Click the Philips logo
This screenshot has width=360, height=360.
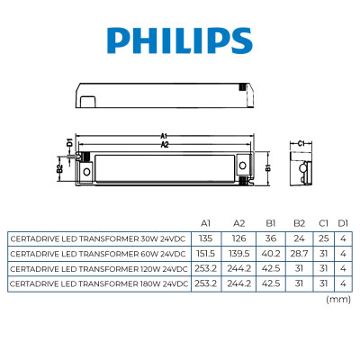[179, 40]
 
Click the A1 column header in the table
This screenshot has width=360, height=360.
[205, 222]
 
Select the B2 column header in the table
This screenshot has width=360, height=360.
[300, 222]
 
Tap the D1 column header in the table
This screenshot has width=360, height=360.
[342, 222]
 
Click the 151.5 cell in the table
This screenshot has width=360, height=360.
[205, 254]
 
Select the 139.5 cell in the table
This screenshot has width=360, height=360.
[238, 254]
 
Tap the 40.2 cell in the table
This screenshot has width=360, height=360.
[271, 254]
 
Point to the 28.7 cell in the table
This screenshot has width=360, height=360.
[300, 254]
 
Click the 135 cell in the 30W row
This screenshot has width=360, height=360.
[205, 238]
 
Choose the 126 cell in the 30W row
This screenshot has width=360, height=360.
[238, 238]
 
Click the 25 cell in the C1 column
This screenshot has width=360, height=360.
[323, 238]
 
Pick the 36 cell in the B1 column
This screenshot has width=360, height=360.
[271, 238]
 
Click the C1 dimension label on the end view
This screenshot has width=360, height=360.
[302, 142]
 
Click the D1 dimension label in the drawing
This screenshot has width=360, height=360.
[68, 141]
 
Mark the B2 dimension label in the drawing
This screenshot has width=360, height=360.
[60, 167]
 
